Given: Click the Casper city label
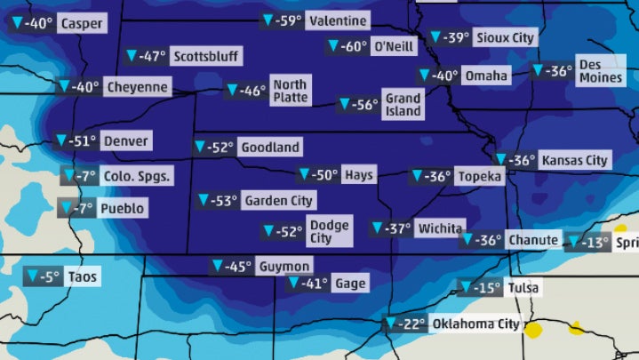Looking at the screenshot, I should coord(80,24).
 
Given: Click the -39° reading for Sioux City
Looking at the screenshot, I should coord(456,37).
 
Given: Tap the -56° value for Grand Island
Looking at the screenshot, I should coord(364,105).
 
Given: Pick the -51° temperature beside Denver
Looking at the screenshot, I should coord(84,140).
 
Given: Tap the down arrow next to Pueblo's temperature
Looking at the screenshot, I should coord(67,209).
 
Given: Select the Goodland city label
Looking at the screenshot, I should coord(270,147).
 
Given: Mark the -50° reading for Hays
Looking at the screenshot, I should coord(324,175).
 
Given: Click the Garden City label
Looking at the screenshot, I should coord(278,201).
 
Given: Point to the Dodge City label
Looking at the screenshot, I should coord(328,231).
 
